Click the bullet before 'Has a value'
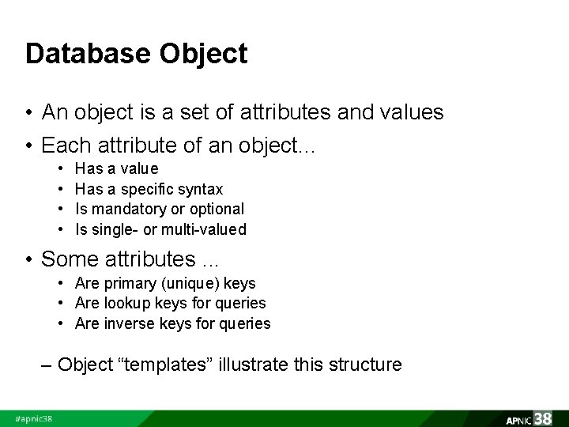point(62,169)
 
